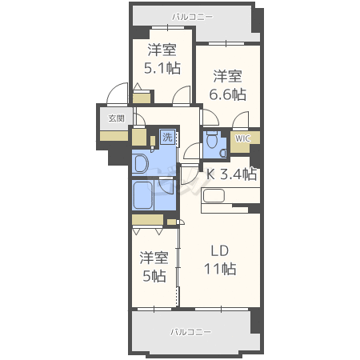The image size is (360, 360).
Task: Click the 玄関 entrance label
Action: pyautogui.click(x=116, y=118)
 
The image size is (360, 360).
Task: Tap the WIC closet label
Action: pyautogui.click(x=242, y=138)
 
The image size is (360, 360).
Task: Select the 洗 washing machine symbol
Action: pyautogui.click(x=167, y=137)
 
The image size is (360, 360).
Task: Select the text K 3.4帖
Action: pyautogui.click(x=232, y=174)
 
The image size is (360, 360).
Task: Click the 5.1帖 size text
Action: pyautogui.click(x=162, y=68)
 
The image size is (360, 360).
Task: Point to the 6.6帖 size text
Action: pyautogui.click(x=227, y=94)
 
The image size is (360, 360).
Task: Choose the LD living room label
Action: pyautogui.click(x=220, y=251)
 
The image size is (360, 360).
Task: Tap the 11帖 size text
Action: pyautogui.click(x=220, y=269)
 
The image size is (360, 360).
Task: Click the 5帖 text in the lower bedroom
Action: pyautogui.click(x=154, y=276)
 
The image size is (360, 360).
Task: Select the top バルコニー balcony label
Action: pyautogui.click(x=192, y=17)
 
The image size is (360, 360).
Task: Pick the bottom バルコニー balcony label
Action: pyautogui.click(x=190, y=332)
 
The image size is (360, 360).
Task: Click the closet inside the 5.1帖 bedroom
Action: pyautogui.click(x=142, y=98)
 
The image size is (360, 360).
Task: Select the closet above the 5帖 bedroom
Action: pyautogui.click(x=147, y=220)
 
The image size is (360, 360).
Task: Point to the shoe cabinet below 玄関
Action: pyautogui.click(x=114, y=136)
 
